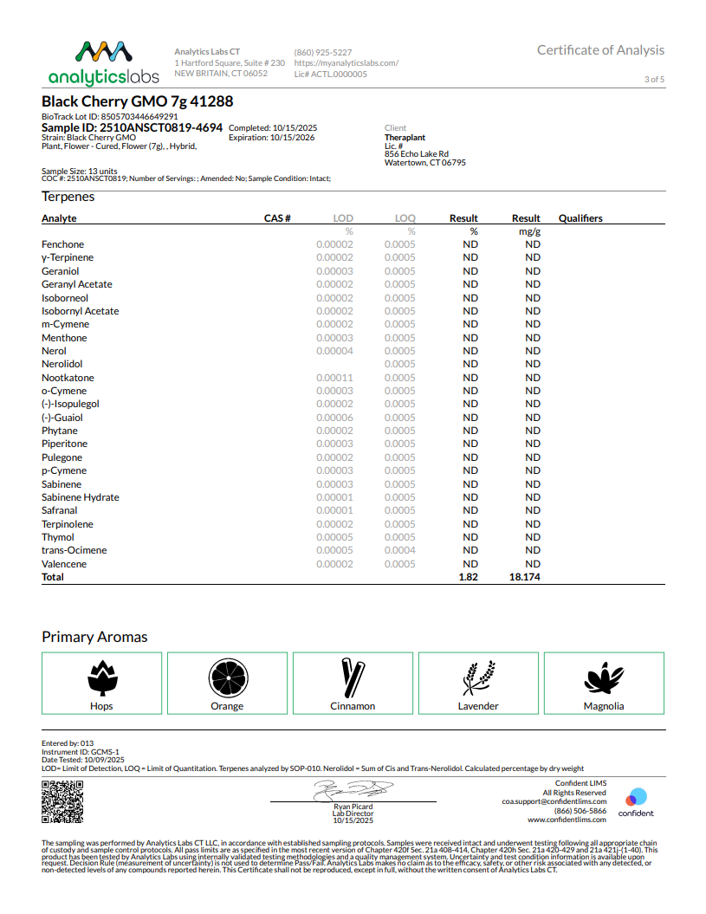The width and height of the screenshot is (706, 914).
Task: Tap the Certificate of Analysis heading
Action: [x=600, y=50]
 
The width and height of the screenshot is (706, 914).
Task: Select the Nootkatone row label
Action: [x=68, y=378]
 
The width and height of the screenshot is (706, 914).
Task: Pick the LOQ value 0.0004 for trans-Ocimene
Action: [x=400, y=550]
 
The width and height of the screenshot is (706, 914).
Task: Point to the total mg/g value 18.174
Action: [x=525, y=577]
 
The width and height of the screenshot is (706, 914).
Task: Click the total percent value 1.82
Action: [x=468, y=577]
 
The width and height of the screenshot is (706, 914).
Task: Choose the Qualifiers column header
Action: [x=580, y=218]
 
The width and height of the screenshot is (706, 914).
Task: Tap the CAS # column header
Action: [x=277, y=218]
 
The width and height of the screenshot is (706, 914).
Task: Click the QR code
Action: [x=63, y=802]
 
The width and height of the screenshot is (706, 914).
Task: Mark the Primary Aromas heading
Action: [x=94, y=637]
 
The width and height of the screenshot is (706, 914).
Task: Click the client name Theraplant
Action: [x=405, y=138]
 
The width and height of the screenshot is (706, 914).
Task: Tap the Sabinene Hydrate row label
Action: [x=81, y=497]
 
